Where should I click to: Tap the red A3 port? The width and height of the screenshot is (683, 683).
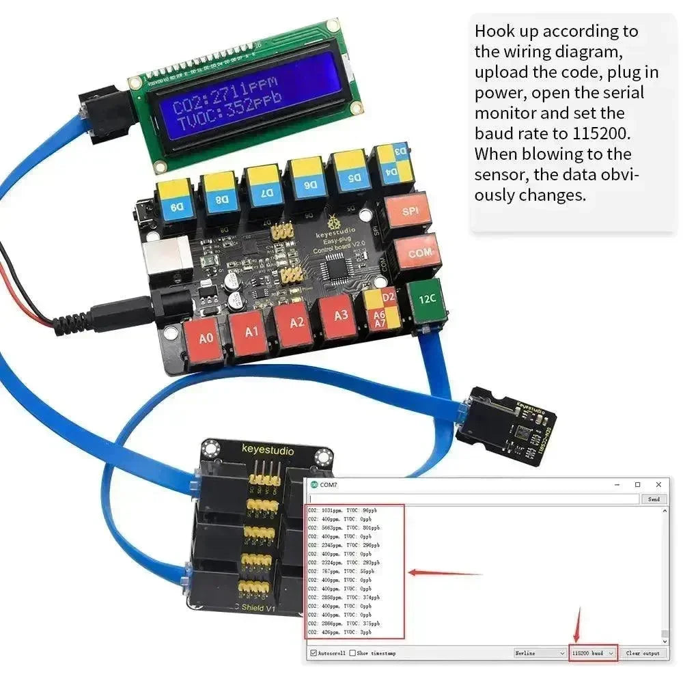pyautogui.click(x=339, y=315)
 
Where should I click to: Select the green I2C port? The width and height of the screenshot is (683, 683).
pyautogui.click(x=427, y=298)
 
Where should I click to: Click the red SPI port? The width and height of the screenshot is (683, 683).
pyautogui.click(x=410, y=212)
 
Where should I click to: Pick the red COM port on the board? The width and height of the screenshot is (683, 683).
pyautogui.click(x=419, y=253)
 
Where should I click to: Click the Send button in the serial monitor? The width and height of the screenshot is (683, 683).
pyautogui.click(x=653, y=499)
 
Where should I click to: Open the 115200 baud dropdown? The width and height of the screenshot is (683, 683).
pyautogui.click(x=593, y=653)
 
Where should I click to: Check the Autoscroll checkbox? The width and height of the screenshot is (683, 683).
pyautogui.click(x=313, y=653)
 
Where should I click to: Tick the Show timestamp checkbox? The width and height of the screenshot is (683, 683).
pyautogui.click(x=352, y=653)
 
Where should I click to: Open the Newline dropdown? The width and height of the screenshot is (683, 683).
pyautogui.click(x=540, y=653)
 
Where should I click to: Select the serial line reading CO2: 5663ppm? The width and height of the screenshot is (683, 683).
pyautogui.click(x=344, y=527)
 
